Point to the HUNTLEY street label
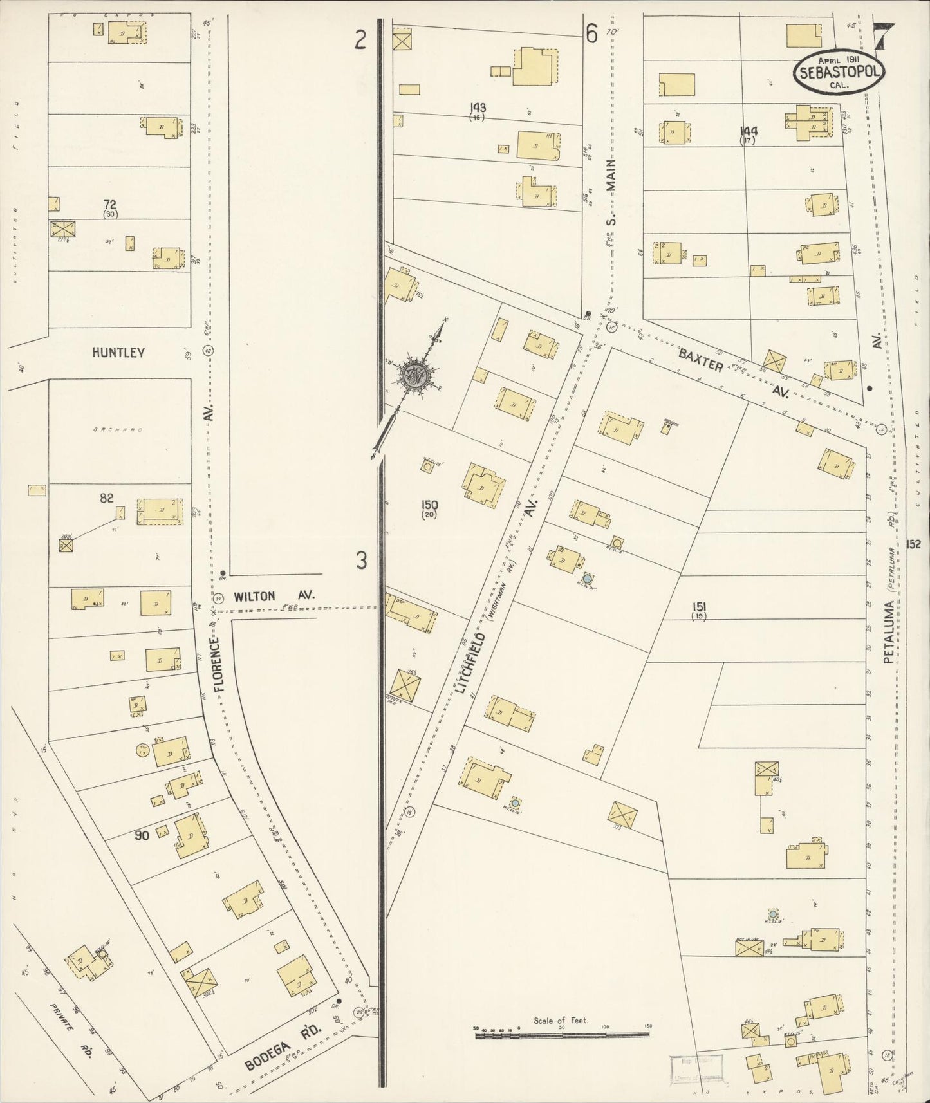(118, 353)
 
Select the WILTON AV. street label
(274, 596)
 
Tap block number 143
(478, 107)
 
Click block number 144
(748, 131)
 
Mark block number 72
(110, 205)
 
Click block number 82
(107, 497)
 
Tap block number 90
(142, 835)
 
